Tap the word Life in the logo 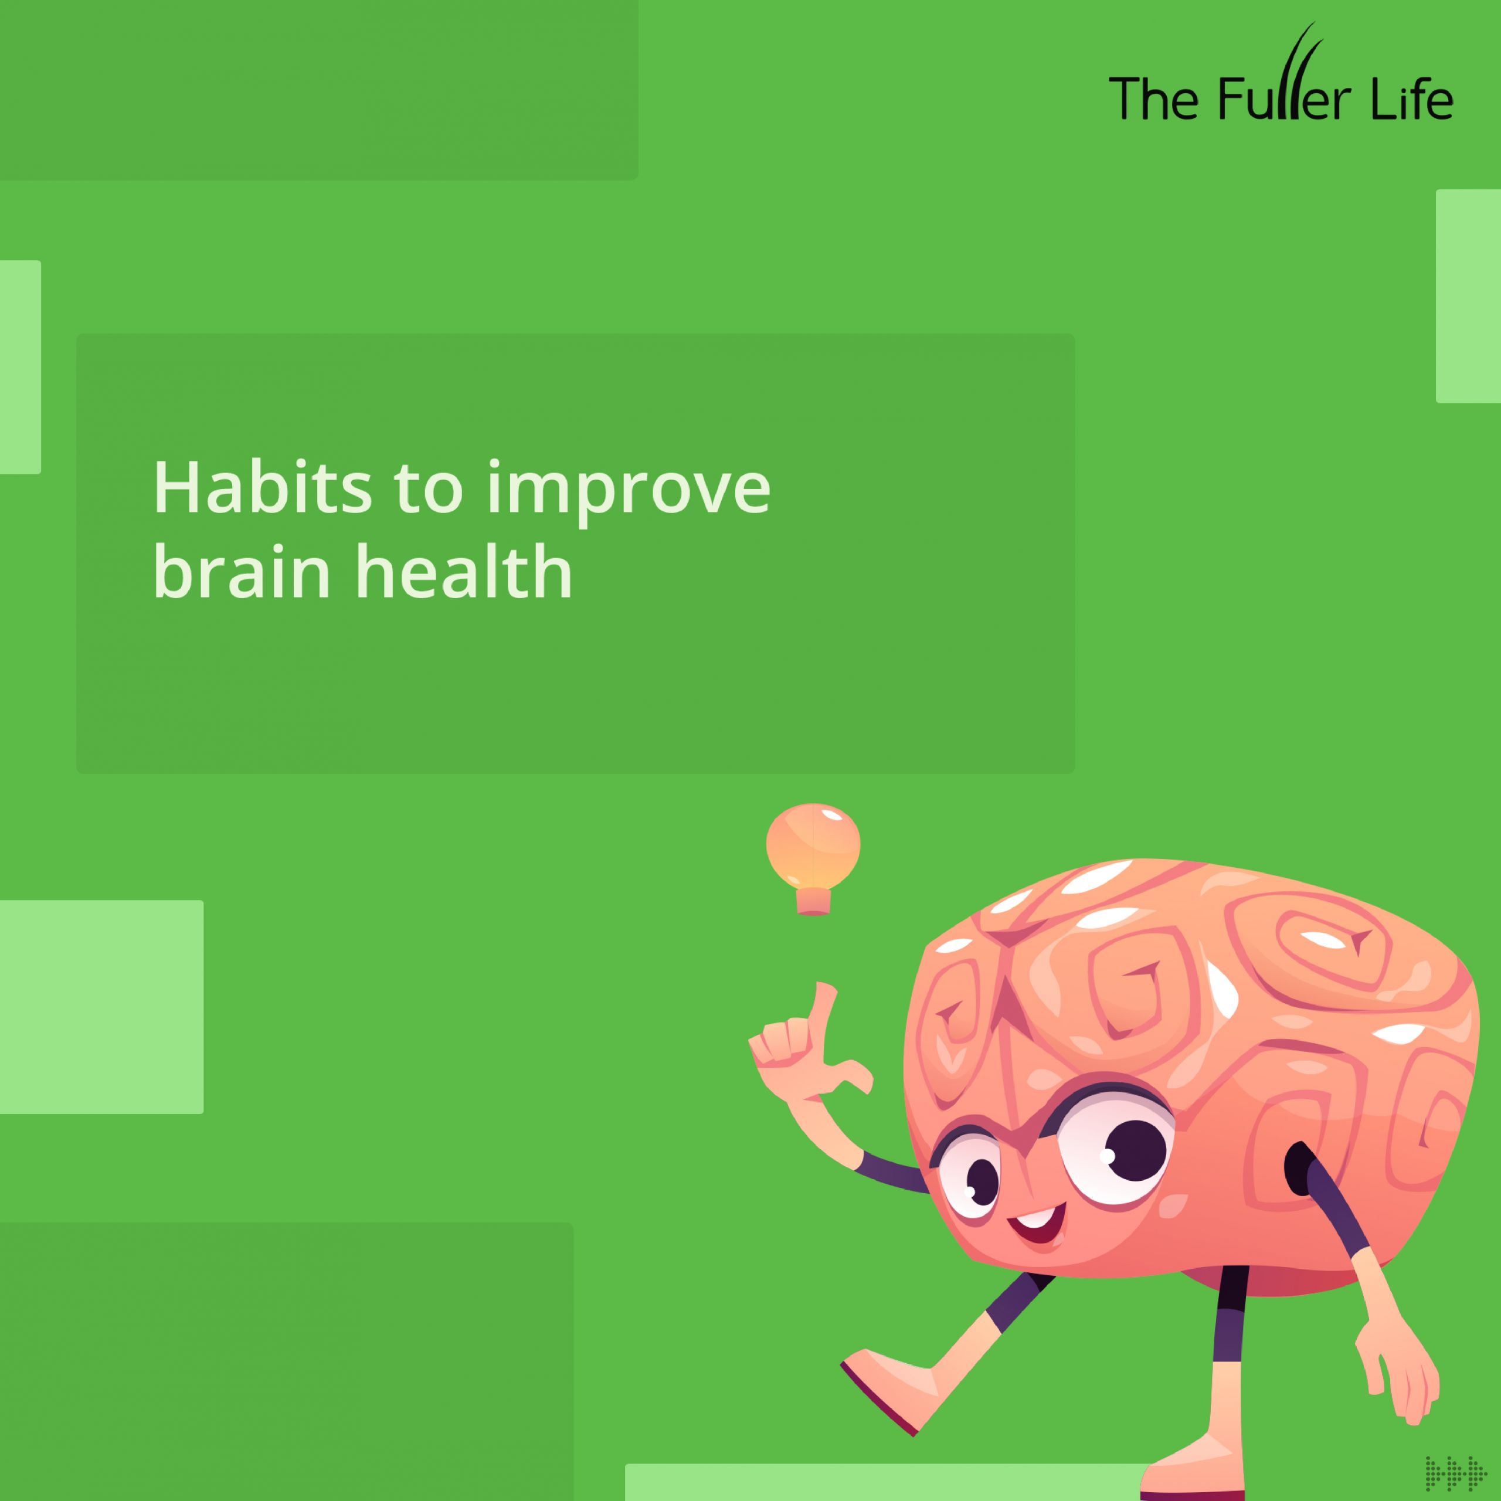tap(1412, 99)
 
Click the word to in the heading tap(428, 492)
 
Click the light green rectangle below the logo tap(1468, 296)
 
